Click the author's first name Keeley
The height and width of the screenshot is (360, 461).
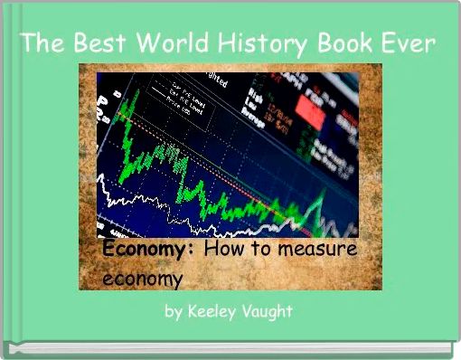click(x=216, y=312)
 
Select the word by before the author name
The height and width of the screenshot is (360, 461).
click(x=174, y=312)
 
